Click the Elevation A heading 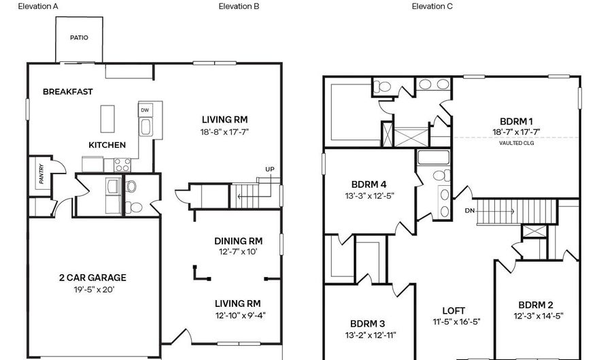38,6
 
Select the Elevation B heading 239,6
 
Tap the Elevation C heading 432,6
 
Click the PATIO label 79,38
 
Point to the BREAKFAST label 68,92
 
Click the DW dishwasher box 145,110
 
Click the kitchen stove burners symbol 122,164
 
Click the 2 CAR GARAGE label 92,278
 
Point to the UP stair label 270,169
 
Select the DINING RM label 238,241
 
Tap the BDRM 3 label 367,323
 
